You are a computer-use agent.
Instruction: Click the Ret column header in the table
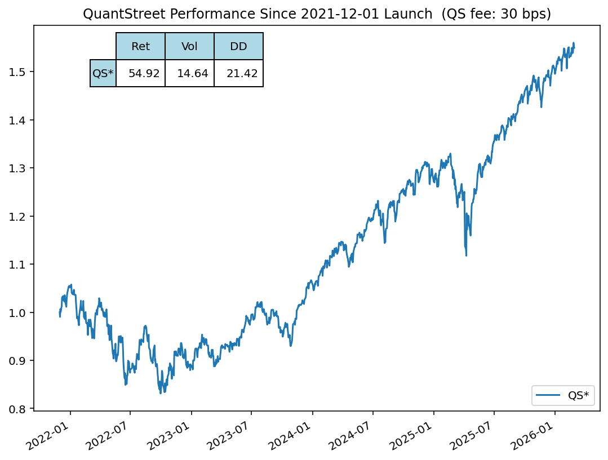point(140,47)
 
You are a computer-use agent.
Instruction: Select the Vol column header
point(189,47)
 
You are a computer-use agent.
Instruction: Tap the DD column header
point(238,47)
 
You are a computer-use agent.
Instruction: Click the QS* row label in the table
point(103,74)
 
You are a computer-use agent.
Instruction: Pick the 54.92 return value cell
point(140,74)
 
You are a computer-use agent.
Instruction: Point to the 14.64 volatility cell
point(189,74)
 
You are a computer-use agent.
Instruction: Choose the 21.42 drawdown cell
point(238,74)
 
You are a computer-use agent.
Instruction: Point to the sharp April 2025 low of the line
point(466,256)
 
